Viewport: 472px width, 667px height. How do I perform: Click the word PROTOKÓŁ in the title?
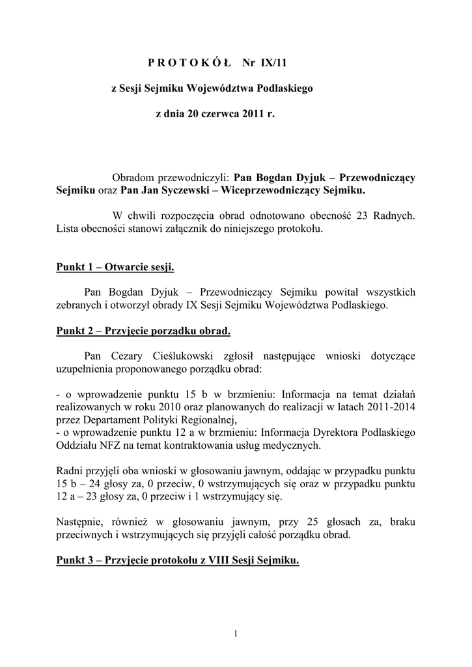pos(185,63)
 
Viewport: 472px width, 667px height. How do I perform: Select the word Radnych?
pos(395,216)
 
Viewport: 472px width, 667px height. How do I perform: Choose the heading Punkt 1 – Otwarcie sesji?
pos(115,267)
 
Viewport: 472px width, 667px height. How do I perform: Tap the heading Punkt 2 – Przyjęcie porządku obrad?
pos(143,331)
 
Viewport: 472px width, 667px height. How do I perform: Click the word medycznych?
pos(287,445)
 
